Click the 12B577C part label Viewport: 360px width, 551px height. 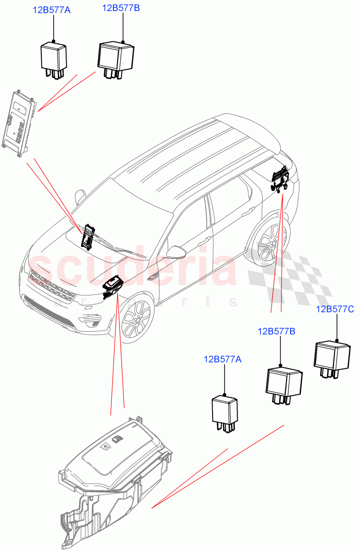pyautogui.click(x=335, y=309)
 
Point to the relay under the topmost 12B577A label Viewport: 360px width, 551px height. pyautogui.click(x=54, y=58)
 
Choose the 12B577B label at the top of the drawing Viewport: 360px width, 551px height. pyautogui.click(x=121, y=8)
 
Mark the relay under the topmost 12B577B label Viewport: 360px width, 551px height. pyautogui.click(x=115, y=58)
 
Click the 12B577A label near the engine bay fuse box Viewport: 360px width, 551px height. pyautogui.click(x=222, y=360)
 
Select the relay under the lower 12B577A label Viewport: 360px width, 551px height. pyautogui.click(x=224, y=412)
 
